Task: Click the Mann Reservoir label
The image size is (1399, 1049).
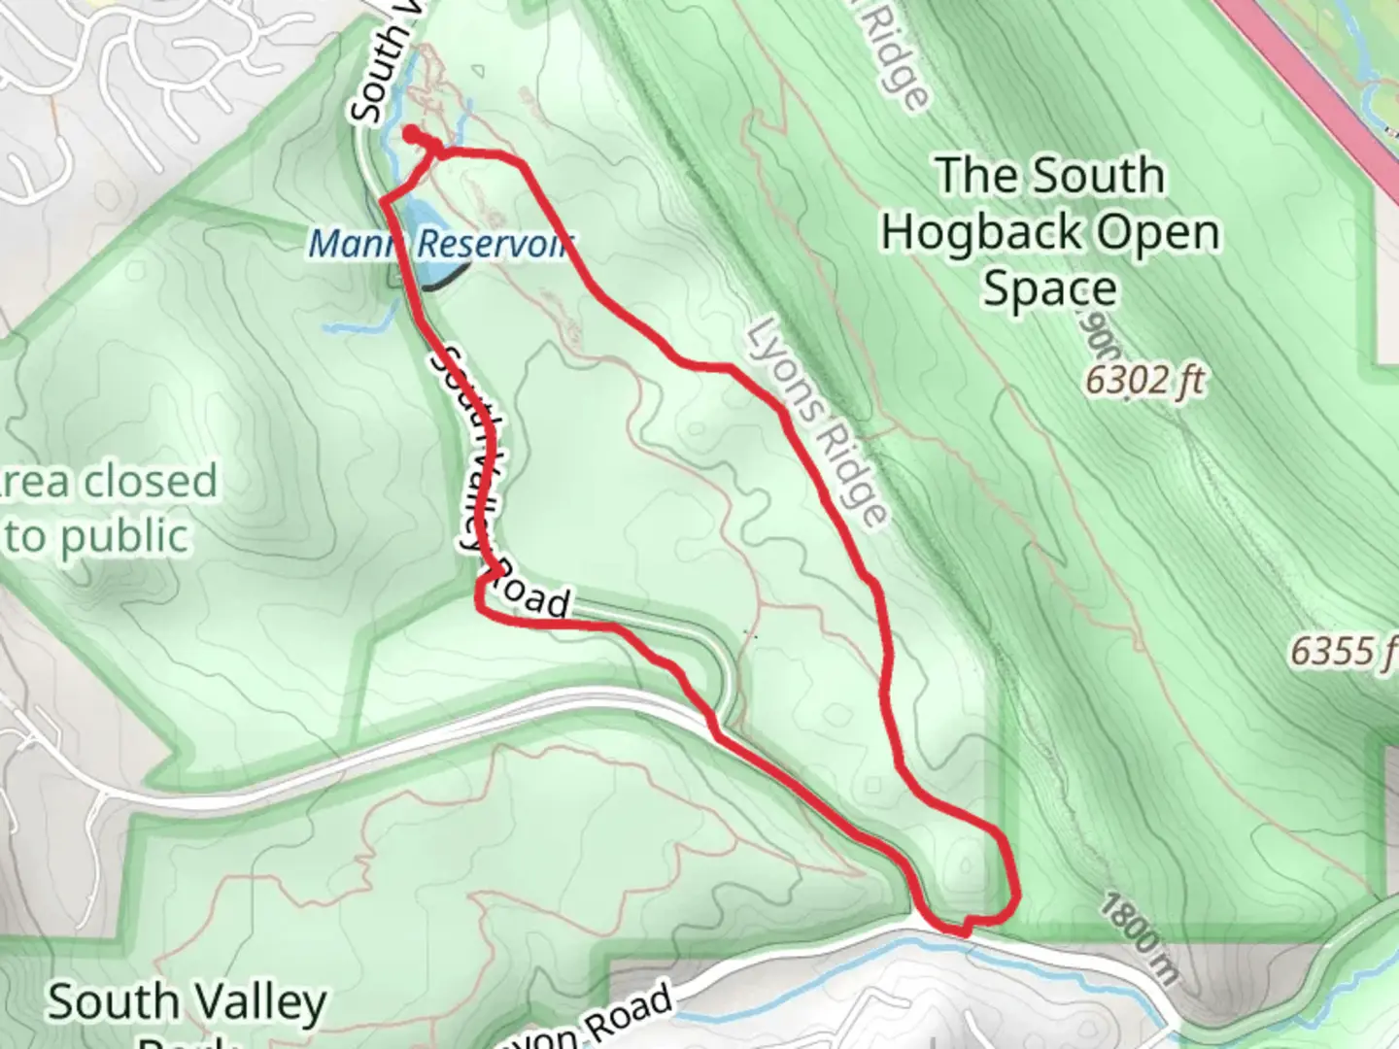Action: point(439,243)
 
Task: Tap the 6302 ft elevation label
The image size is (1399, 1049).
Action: point(1143,381)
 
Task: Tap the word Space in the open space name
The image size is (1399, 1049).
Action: point(1049,289)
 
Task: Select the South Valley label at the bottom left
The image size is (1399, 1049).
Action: point(187,1003)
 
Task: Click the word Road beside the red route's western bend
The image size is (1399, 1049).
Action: point(529,595)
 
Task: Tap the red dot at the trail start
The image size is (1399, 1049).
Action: point(410,132)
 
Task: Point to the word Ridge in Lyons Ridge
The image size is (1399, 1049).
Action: point(853,475)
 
